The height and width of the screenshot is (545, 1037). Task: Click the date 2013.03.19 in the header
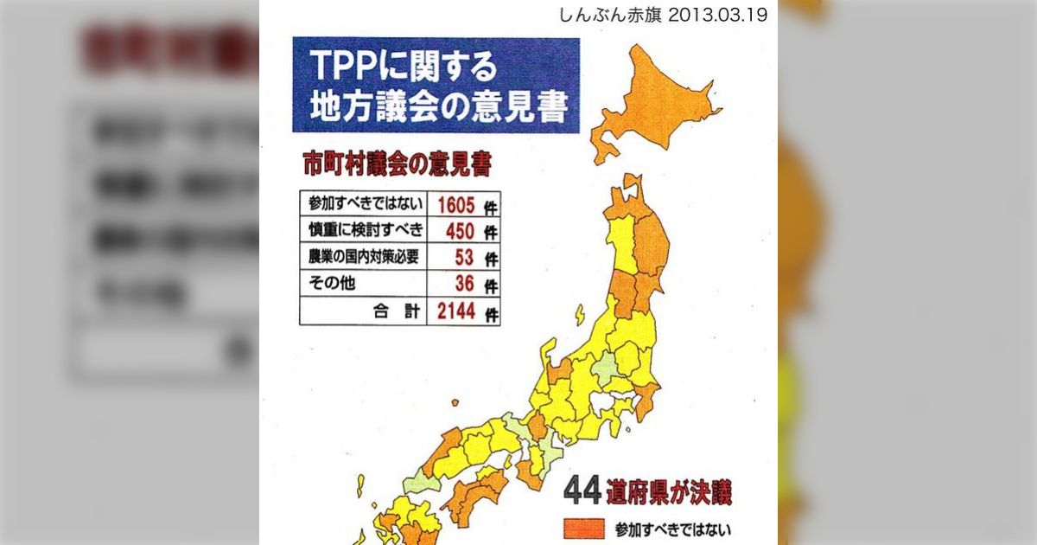pos(716,16)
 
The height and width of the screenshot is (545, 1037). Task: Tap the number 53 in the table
pos(465,258)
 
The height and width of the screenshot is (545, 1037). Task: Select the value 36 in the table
pos(465,284)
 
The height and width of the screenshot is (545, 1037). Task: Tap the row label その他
pos(328,284)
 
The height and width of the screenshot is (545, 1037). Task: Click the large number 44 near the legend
pos(582,491)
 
